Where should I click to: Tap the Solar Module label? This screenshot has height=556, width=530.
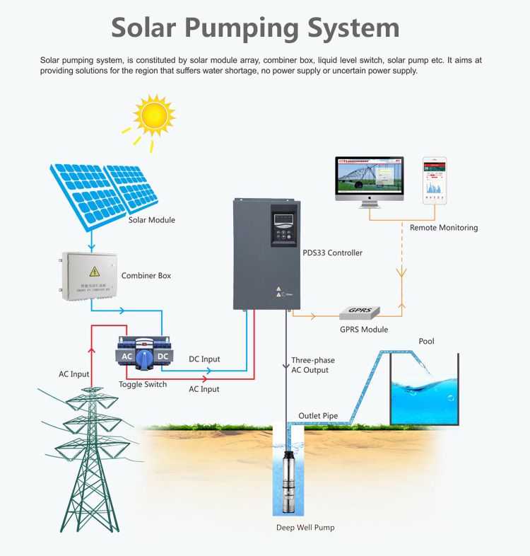[x=152, y=220]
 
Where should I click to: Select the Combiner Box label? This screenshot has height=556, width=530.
[x=146, y=275]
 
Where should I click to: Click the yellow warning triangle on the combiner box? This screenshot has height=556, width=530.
[x=93, y=272]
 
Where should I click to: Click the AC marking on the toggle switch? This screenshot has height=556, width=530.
[x=127, y=356]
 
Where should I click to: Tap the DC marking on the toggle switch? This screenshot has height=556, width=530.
[x=162, y=356]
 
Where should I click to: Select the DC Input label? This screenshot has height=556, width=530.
[x=204, y=359]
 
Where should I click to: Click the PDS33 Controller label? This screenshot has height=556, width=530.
[x=332, y=253]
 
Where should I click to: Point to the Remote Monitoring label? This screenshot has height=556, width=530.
[x=444, y=228]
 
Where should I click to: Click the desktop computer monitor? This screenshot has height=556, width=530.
[x=369, y=178]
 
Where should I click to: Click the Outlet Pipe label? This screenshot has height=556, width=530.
[x=318, y=416]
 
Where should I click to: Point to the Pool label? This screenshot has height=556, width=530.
[x=426, y=342]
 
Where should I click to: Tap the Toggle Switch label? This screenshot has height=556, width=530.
[x=143, y=385]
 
